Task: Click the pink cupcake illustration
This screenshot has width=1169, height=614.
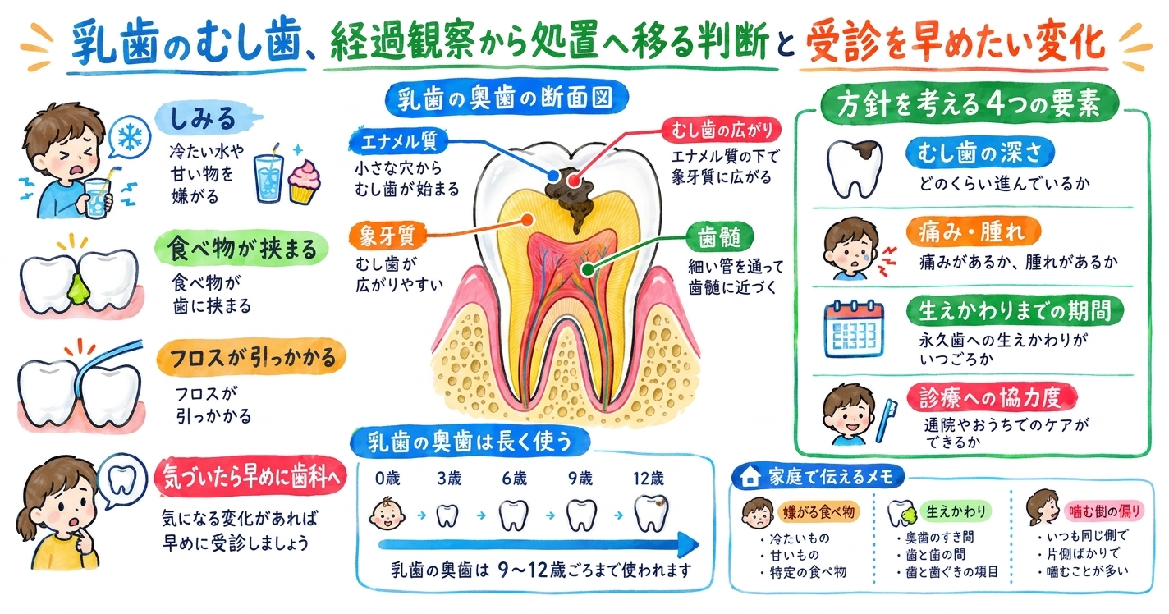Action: point(304,182)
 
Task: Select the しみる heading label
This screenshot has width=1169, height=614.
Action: point(204,119)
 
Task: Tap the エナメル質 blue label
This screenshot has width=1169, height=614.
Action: point(398,141)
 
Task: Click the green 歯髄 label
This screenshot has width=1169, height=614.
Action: point(720,237)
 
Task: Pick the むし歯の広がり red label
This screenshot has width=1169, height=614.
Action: point(722,130)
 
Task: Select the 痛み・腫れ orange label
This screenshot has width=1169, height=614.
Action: point(974,231)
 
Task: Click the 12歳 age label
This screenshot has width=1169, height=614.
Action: point(649,478)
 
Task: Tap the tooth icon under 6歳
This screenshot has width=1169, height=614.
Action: point(514,515)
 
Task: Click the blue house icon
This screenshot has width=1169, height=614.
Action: point(750,476)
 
